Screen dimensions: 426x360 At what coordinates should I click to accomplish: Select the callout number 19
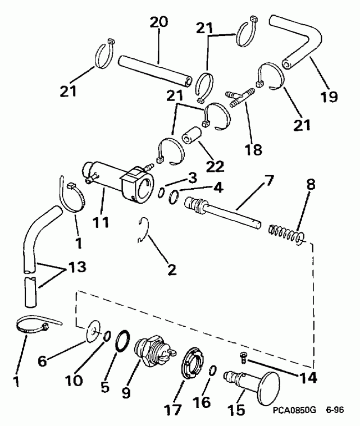click(x=330, y=97)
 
